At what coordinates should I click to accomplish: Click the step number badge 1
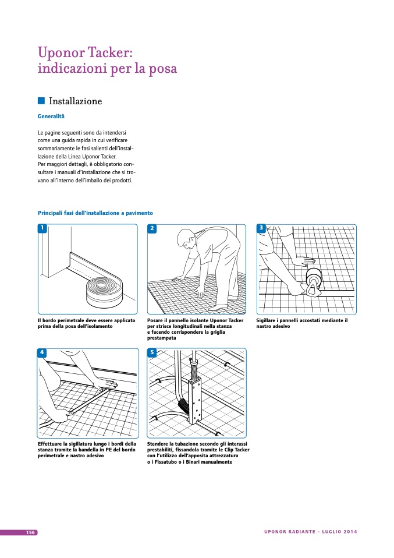42,228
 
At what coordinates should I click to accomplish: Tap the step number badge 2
152,228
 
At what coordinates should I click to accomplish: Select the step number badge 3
261,228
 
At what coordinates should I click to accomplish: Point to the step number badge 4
42,352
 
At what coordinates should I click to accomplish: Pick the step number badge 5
152,352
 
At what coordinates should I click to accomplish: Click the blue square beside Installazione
41,101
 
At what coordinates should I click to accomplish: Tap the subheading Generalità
51,116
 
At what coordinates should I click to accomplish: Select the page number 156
31,532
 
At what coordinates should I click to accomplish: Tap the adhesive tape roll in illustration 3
315,279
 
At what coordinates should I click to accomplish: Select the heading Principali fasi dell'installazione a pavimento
95,213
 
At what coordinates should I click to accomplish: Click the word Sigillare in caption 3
268,320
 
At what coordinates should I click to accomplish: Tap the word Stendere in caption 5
159,444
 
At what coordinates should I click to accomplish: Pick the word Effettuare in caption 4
51,444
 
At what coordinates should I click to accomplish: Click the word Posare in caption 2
156,320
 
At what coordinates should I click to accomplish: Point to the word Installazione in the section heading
76,101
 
